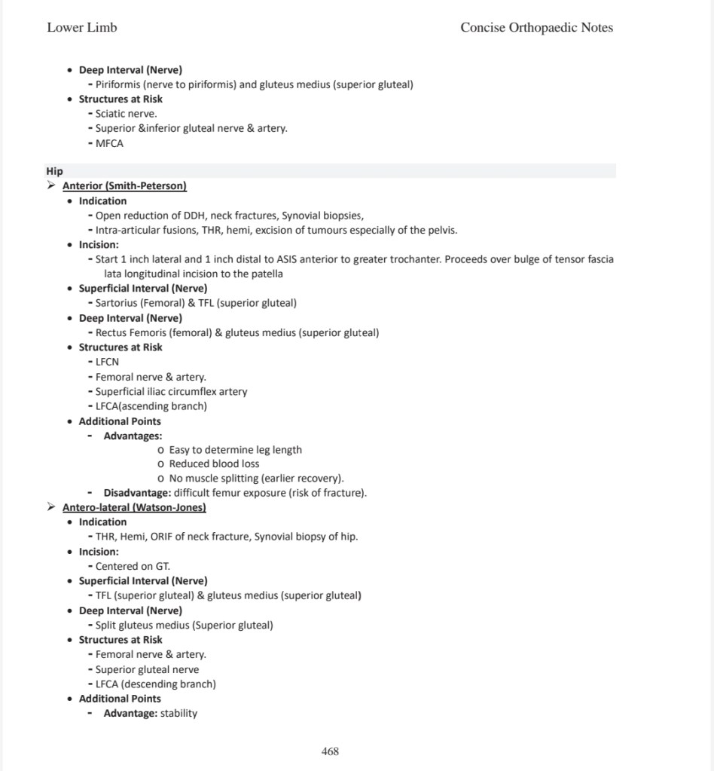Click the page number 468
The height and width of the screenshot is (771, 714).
pos(330,751)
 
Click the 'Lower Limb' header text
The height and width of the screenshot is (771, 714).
pos(82,28)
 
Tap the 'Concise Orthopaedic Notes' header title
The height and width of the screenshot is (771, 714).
pos(536,28)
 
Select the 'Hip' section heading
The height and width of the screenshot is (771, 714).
pos(54,171)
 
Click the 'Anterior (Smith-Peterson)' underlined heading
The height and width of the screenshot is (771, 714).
pos(124,185)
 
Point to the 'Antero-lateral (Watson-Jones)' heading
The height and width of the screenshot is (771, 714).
pos(134,507)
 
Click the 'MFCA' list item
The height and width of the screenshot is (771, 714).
pos(109,143)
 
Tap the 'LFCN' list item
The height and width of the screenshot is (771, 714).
pos(107,362)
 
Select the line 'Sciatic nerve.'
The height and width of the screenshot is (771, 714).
pos(126,114)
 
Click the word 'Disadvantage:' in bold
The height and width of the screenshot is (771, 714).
pos(137,493)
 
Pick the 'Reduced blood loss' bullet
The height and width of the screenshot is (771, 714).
pos(214,464)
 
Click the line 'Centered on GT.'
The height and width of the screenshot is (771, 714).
pos(133,566)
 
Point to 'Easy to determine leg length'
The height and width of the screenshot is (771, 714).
pos(235,449)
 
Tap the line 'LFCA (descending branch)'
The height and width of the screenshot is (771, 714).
pos(155,684)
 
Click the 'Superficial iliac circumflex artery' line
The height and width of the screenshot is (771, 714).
pos(171,391)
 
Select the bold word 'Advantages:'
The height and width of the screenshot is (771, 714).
pos(133,436)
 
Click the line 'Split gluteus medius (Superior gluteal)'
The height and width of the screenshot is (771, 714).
pos(184,625)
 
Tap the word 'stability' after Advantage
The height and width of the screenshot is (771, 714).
pos(178,713)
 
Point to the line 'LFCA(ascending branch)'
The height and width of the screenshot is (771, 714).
pos(151,406)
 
